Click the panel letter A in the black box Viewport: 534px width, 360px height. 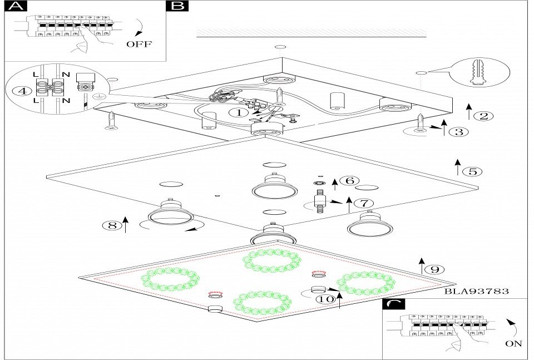(16, 6)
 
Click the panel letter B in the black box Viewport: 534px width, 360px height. (177, 6)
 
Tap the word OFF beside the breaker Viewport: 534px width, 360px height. (139, 44)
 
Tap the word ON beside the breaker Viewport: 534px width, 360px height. (513, 343)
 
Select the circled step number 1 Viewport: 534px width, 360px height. (239, 112)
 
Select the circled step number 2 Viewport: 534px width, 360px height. (483, 116)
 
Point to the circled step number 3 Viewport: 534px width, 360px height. (458, 132)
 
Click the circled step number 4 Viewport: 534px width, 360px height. (22, 91)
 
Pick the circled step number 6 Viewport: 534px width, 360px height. (349, 181)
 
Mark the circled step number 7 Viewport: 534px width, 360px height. (364, 204)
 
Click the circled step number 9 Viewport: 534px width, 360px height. (434, 269)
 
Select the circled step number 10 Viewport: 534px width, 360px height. (327, 299)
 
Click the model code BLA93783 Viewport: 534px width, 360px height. (477, 291)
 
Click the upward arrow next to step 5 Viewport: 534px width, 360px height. (458, 166)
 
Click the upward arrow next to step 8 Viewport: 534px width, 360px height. (126, 224)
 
